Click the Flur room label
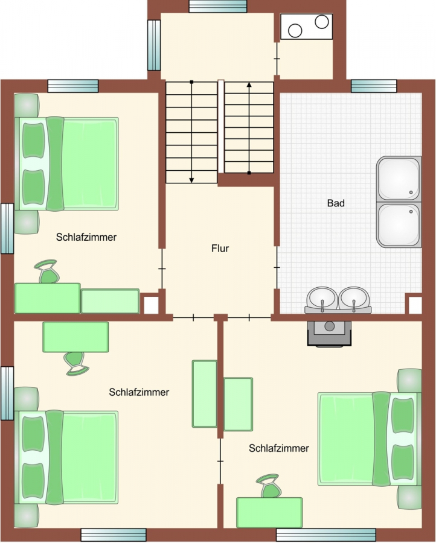point(220,249)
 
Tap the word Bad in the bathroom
point(336,203)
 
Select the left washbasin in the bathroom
point(322,298)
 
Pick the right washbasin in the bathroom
point(354,298)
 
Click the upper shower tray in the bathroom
point(399,179)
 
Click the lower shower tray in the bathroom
point(399,225)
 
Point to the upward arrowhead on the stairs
point(249,84)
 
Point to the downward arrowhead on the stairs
point(191,180)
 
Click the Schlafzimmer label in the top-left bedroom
point(86,237)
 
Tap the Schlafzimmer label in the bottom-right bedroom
point(279,448)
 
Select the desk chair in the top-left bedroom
point(48,271)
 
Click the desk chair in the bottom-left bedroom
point(75,364)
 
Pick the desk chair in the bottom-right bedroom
point(269,486)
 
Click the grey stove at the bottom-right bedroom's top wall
point(329,333)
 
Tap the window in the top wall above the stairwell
point(218,6)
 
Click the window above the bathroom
point(374,86)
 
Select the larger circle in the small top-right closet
point(295,31)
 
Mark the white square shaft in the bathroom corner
point(415,305)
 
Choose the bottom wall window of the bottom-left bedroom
point(114,535)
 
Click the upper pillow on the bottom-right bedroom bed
point(403,416)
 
